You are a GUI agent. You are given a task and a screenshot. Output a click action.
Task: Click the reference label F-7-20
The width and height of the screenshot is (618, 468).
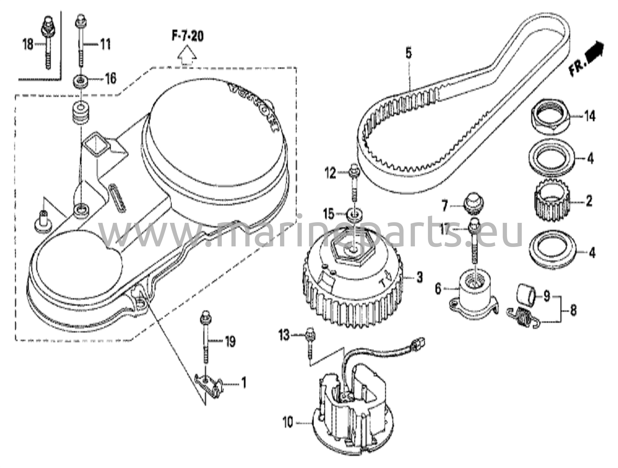pos(187,36)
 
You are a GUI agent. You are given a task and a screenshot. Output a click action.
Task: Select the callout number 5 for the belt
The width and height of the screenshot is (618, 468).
pos(408,53)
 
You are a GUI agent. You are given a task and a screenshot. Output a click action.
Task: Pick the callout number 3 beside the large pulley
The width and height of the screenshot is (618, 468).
pos(419,277)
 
